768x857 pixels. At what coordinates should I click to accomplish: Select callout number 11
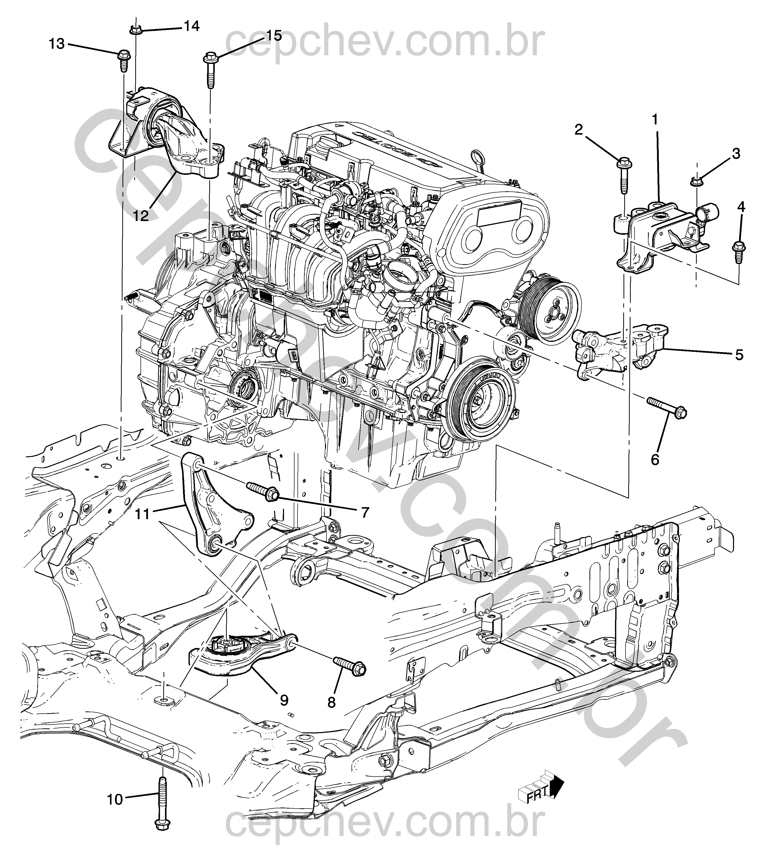coord(143,514)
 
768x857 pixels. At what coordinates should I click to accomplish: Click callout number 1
coord(655,120)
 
